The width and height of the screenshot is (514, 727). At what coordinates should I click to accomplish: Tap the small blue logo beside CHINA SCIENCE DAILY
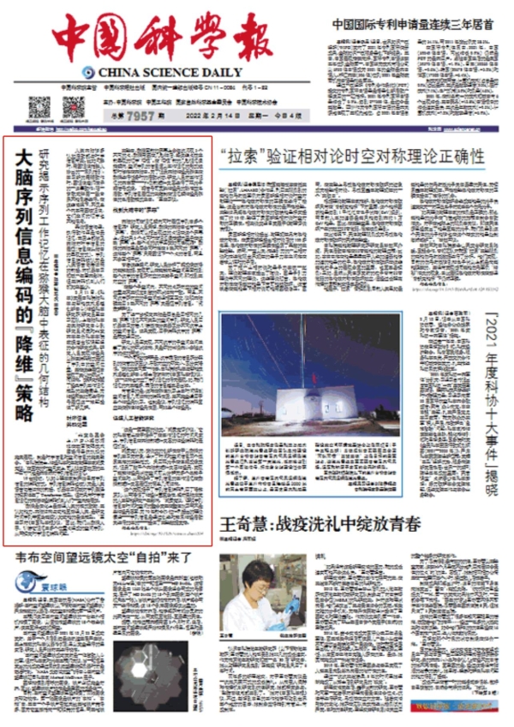click(88, 73)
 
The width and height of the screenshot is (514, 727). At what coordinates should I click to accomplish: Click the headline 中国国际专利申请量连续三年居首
click(418, 24)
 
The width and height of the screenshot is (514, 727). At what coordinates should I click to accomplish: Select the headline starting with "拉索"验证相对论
click(351, 157)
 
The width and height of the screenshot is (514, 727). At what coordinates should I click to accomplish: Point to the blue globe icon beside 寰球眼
click(25, 585)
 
